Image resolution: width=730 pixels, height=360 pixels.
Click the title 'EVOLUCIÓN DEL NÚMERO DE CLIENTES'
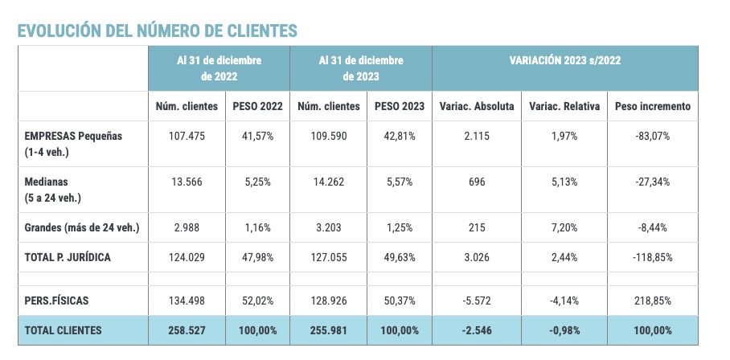(x=158, y=31)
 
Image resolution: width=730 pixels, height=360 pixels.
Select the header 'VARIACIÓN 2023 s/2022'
(x=564, y=60)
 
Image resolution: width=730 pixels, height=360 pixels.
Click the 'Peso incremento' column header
(x=652, y=106)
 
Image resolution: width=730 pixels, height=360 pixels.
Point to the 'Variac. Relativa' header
(x=564, y=106)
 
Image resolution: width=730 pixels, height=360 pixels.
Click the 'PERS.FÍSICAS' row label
(x=57, y=300)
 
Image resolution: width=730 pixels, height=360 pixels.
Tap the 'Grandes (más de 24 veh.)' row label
(x=82, y=227)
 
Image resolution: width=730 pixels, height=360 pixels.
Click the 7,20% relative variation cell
(x=564, y=227)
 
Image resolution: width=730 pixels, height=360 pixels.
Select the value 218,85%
(x=652, y=300)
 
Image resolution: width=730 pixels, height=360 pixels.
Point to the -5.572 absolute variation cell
(x=477, y=300)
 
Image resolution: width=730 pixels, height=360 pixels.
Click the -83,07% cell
(x=652, y=136)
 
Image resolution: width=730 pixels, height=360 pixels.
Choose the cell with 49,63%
(x=399, y=256)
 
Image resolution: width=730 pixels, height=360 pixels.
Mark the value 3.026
(x=477, y=256)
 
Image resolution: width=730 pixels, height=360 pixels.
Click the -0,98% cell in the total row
(x=564, y=329)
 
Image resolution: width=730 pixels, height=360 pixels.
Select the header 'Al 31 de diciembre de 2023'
(x=361, y=68)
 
